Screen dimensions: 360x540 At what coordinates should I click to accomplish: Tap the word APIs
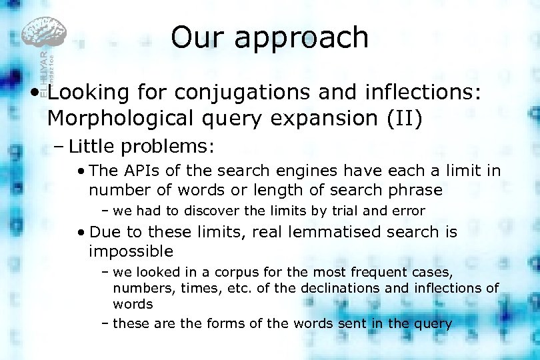point(137,171)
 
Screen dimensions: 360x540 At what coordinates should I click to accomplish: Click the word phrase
point(412,190)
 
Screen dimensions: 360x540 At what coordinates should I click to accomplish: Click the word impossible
point(131,251)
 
